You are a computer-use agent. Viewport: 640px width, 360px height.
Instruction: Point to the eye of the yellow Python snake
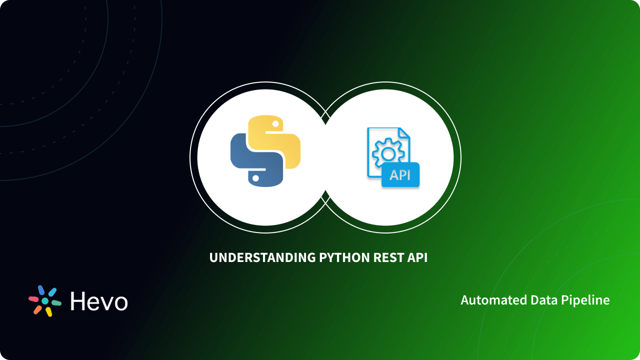pos(274,123)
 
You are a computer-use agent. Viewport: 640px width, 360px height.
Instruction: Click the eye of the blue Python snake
pos(256,178)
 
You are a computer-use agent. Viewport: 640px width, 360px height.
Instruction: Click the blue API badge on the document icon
pos(400,175)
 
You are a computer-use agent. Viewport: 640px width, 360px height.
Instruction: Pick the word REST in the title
pos(390,258)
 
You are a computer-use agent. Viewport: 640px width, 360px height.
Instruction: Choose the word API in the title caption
pos(418,258)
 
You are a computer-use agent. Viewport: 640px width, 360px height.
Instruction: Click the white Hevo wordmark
pos(99,301)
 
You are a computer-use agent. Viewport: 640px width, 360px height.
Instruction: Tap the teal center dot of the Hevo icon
pos(45,301)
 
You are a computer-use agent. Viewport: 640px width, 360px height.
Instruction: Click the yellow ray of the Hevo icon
pos(48,312)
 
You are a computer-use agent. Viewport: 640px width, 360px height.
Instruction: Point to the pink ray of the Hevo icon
pos(34,298)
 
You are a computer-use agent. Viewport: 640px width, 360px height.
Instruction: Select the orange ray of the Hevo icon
pos(37,309)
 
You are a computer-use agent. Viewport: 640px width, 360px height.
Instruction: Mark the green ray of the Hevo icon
pos(56,303)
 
